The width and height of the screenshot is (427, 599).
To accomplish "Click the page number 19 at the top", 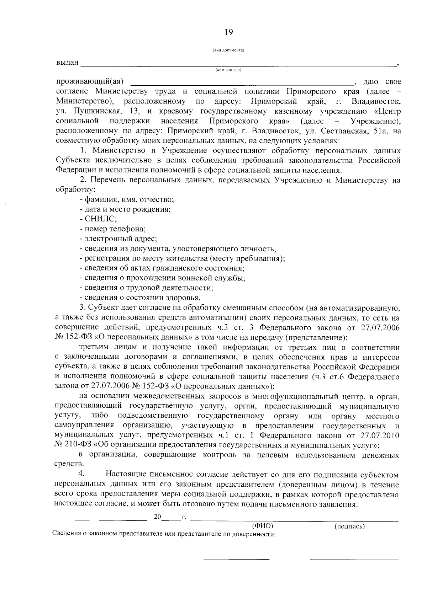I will point(229,32).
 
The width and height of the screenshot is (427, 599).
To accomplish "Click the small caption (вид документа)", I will point(228,50).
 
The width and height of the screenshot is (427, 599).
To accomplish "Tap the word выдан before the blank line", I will point(67,63).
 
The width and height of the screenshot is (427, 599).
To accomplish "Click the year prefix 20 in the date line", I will point(158,517).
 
